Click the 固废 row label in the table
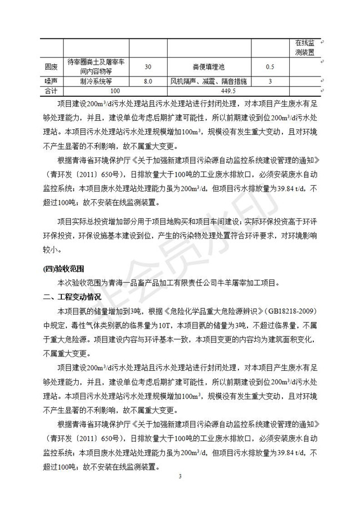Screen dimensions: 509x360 tap(51, 67)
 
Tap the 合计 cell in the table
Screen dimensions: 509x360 tap(51, 91)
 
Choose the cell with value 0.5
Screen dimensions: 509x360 tap(269, 67)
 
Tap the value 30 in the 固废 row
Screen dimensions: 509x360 tap(148, 67)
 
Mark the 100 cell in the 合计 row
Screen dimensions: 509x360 tap(115, 91)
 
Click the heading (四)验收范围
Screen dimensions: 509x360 tap(63, 268)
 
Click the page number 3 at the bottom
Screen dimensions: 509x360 tap(180, 477)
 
